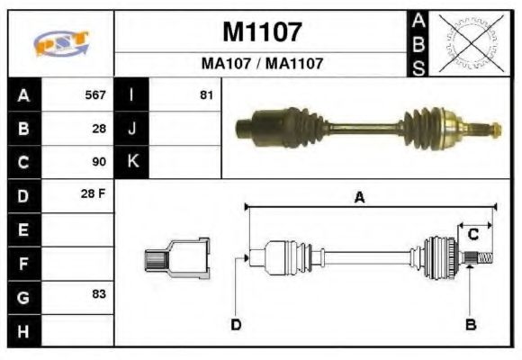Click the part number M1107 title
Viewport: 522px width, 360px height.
click(x=261, y=33)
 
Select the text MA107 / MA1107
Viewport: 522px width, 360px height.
click(x=261, y=65)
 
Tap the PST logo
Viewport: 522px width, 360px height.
click(x=60, y=43)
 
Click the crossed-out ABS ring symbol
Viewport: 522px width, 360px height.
click(x=471, y=43)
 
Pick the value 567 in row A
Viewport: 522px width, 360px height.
click(x=95, y=94)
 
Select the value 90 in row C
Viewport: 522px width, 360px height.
click(x=99, y=163)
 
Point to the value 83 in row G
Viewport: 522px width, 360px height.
click(x=99, y=294)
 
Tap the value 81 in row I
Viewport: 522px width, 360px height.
click(x=206, y=94)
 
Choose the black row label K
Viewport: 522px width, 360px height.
click(x=132, y=162)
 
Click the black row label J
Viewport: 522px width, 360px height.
click(x=132, y=129)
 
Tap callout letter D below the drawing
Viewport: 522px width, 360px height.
click(x=236, y=324)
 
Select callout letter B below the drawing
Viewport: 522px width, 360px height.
click(x=470, y=324)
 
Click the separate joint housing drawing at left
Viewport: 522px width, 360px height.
click(x=178, y=257)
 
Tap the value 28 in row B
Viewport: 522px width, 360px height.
click(x=99, y=129)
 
